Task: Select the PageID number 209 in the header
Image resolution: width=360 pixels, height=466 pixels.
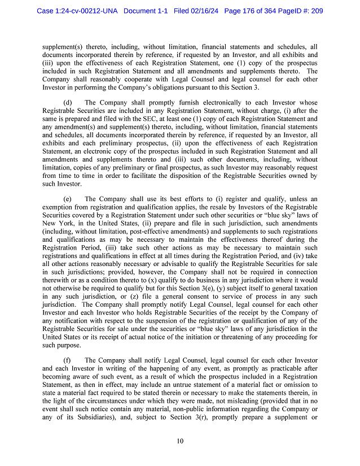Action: click(315, 11)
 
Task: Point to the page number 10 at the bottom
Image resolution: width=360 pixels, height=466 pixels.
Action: click(180, 441)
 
